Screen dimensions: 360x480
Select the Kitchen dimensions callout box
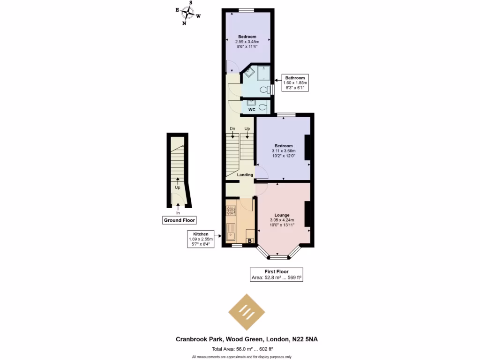tap(201, 239)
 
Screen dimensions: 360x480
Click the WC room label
tap(251, 109)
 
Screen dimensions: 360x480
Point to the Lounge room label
tap(282, 215)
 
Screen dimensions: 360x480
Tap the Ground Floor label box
tap(179, 220)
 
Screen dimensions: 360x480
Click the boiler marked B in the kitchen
tap(250, 241)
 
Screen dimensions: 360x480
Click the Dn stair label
tap(232, 128)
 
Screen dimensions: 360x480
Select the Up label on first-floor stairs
tap(247, 128)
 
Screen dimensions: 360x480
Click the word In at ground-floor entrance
tap(178, 212)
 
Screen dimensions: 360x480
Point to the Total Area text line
tap(242, 349)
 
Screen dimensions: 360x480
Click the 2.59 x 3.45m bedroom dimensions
tap(247, 42)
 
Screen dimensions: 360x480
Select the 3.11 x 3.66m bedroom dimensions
tap(283, 151)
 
